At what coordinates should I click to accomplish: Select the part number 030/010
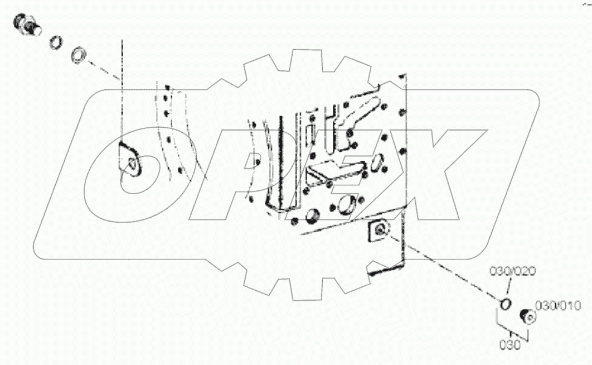558,305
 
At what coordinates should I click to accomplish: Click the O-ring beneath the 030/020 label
506,304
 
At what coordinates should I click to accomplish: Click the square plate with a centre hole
379,230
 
